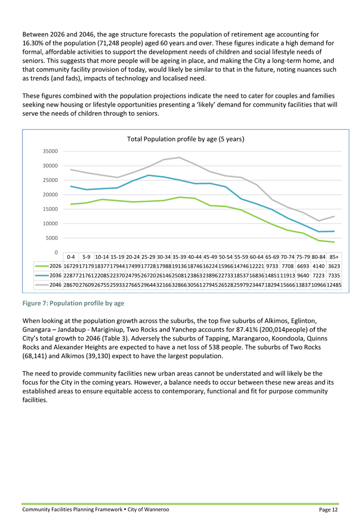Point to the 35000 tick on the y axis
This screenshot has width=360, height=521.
(x=50, y=151)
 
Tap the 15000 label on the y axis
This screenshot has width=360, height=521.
(x=50, y=209)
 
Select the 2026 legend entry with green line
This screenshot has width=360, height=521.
(x=48, y=266)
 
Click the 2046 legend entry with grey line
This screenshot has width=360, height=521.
(x=48, y=285)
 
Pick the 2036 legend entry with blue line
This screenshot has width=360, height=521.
(x=48, y=275)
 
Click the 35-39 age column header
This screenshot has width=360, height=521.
(x=179, y=257)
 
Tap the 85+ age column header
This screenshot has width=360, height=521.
(x=334, y=257)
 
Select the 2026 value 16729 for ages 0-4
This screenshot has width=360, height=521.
(x=71, y=266)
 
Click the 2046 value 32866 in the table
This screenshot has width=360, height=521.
(x=179, y=285)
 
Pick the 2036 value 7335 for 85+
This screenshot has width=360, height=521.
(x=334, y=275)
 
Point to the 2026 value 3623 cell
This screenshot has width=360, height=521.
(x=334, y=266)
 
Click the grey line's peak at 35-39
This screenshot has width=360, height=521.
(x=179, y=158)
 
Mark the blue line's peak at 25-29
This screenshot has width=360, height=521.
(x=148, y=175)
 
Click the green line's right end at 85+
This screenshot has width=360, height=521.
(x=334, y=242)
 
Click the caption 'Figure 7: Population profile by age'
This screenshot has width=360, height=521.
(x=73, y=303)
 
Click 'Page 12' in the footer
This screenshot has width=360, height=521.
(x=328, y=509)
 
